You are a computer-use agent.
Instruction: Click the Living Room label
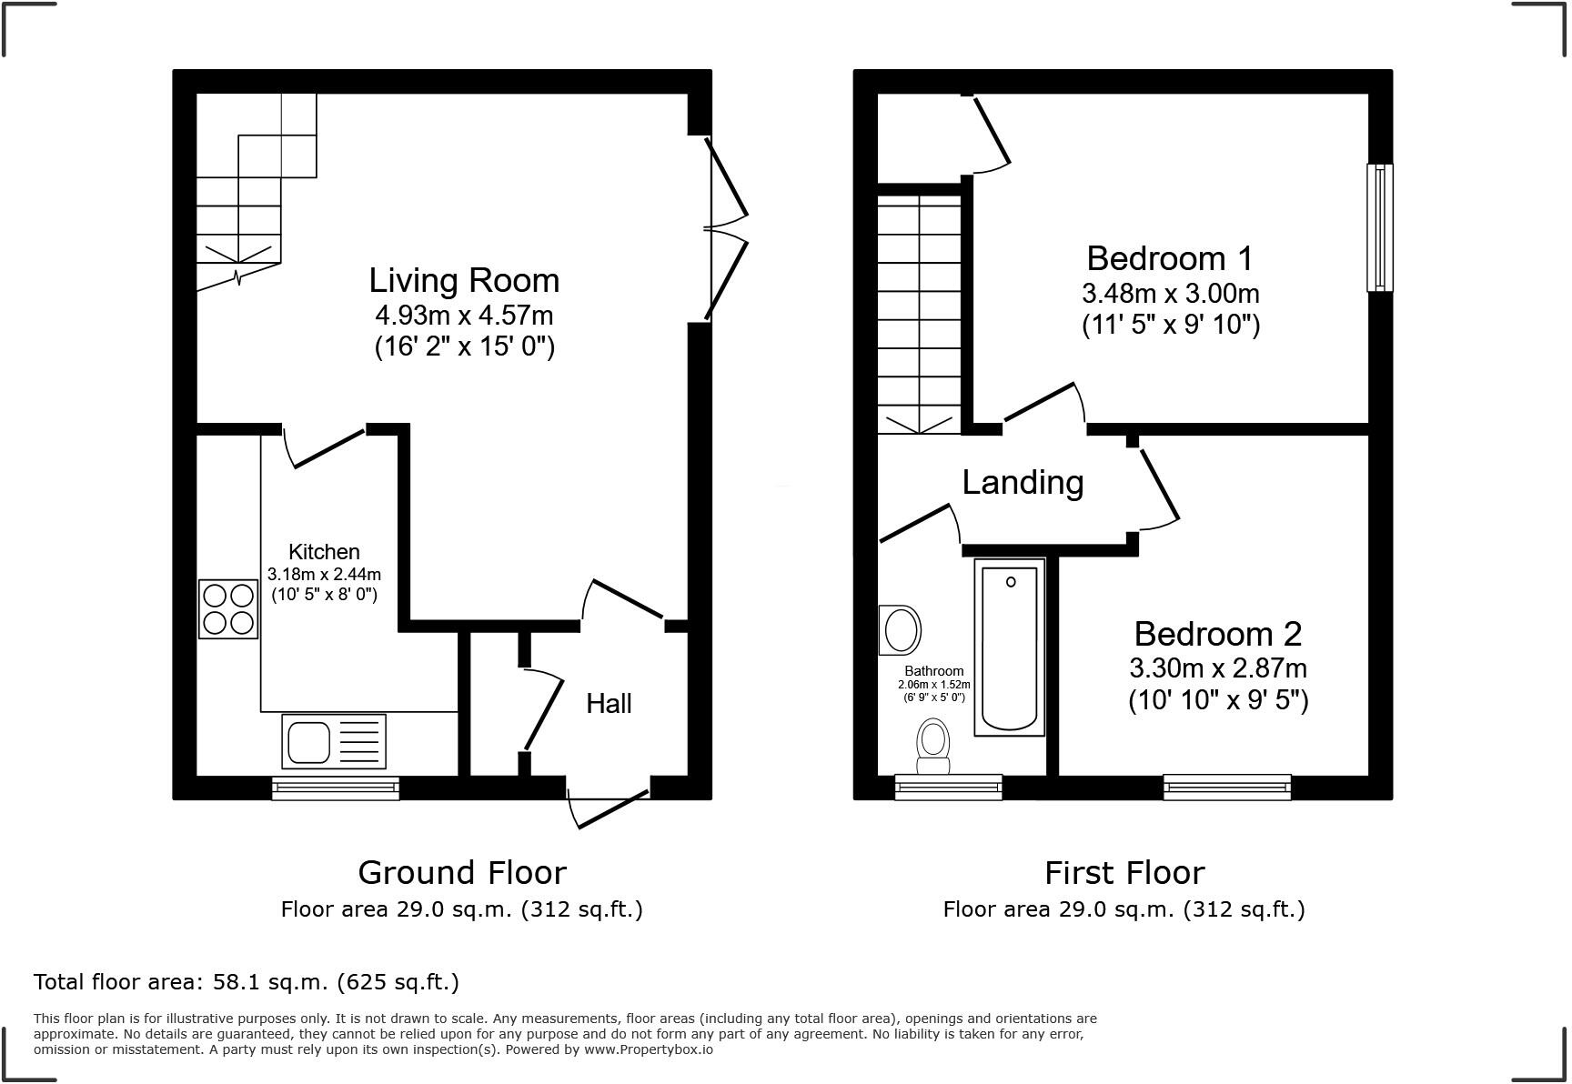pos(464,280)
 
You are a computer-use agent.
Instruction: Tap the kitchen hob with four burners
pos(228,608)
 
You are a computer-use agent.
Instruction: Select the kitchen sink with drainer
pos(333,739)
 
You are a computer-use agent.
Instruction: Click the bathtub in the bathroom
pos(1009,647)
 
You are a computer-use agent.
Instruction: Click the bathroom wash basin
pos(901,629)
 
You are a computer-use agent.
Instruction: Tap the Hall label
pos(609,703)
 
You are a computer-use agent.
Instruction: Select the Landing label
pos(1023,482)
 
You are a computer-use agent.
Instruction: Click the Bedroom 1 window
pos(1379,227)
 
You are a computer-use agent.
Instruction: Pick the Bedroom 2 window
pos(1226,787)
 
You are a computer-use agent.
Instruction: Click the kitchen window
pos(335,788)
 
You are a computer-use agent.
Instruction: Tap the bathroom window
pos(948,787)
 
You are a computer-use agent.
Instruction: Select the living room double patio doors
pos(724,227)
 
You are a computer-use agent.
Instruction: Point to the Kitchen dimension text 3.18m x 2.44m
pos(324,574)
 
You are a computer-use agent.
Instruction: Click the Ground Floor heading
pos(462,872)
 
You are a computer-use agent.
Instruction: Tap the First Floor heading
pos(1124,872)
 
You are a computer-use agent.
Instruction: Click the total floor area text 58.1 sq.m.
pos(246,981)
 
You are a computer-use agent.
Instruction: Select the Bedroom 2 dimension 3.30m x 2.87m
pos(1218,668)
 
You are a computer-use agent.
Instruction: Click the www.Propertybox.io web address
pos(648,1049)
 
